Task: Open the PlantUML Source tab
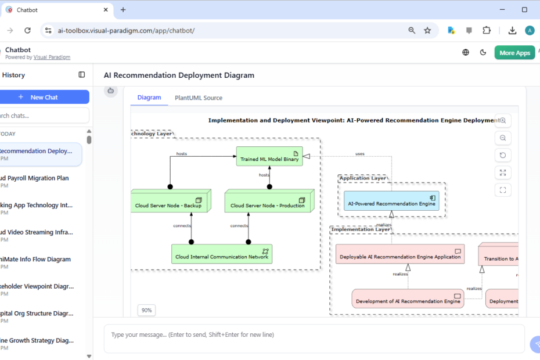click(x=199, y=98)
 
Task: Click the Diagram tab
click(x=149, y=98)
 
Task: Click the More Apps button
click(x=514, y=53)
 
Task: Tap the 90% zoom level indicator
click(x=147, y=311)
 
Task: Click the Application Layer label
click(x=363, y=178)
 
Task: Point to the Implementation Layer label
click(x=361, y=229)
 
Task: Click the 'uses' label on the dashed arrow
click(x=360, y=154)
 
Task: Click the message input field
click(x=314, y=335)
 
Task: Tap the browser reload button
click(x=27, y=31)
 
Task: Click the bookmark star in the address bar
click(x=428, y=31)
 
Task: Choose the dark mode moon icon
click(x=483, y=53)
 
